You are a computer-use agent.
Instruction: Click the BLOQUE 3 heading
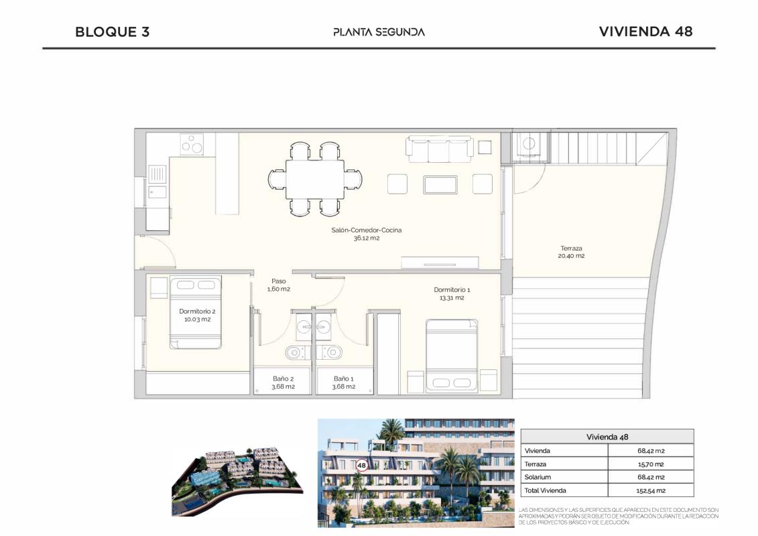[x=112, y=31]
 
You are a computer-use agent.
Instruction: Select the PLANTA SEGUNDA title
[x=379, y=31]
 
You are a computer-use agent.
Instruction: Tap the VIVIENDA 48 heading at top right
[x=645, y=31]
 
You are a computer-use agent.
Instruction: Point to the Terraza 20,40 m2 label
[x=571, y=252]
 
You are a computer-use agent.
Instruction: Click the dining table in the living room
[x=315, y=179]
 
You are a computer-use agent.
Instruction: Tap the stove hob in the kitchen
[x=192, y=145]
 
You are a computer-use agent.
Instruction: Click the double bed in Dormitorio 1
[x=452, y=355]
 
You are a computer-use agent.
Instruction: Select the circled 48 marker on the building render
[x=362, y=465]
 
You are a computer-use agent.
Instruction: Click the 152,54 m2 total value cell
[x=650, y=490]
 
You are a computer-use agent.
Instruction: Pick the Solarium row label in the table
[x=538, y=477]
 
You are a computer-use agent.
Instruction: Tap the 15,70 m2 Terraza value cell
[x=650, y=464]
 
